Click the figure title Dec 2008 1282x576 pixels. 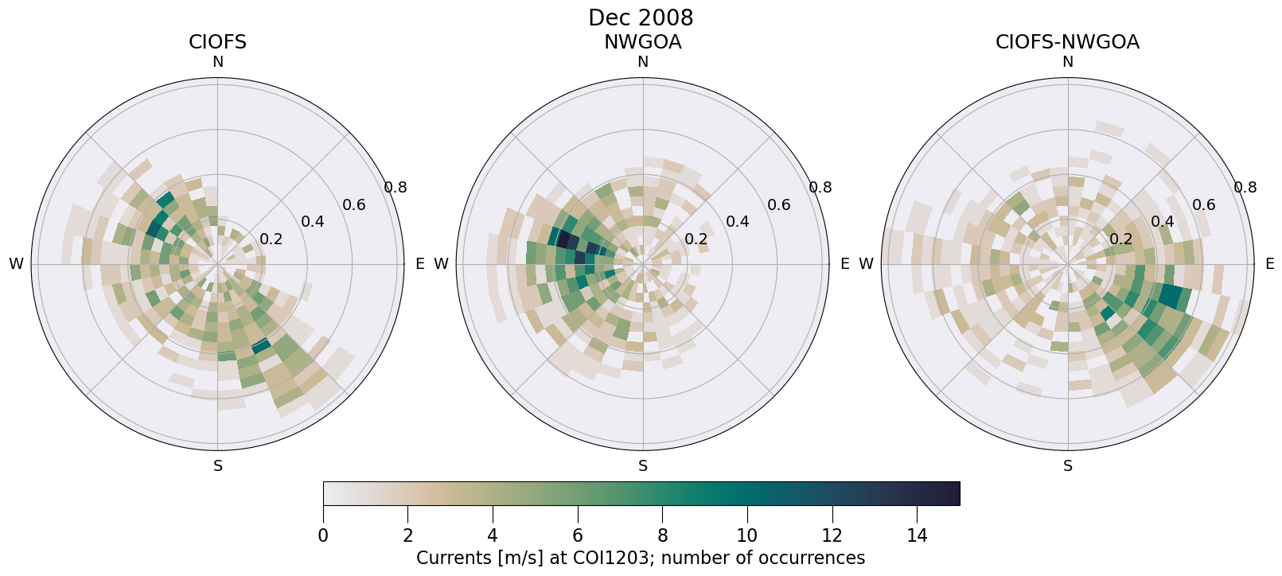pos(641,18)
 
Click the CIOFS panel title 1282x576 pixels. pos(217,42)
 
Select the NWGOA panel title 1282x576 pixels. pos(642,42)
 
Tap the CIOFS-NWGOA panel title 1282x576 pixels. pos(1067,42)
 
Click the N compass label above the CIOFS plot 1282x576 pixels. pos(217,62)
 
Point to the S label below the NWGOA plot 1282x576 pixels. pos(643,466)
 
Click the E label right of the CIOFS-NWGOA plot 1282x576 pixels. pos(1270,264)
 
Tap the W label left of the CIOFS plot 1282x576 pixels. pos(16,264)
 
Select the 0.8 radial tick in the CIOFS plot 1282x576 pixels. pos(396,188)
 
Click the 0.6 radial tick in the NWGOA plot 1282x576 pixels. pos(779,205)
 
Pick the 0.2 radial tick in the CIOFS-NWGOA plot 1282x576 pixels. pos(1121,239)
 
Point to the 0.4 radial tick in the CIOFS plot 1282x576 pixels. pos(313,222)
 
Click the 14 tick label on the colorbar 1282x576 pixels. pos(917,536)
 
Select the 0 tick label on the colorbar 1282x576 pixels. pos(323,536)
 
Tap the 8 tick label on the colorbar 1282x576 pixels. pos(662,536)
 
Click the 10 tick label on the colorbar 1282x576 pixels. pos(747,536)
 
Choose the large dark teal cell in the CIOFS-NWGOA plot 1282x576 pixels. pos(1170,296)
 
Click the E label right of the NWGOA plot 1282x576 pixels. pos(845,264)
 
